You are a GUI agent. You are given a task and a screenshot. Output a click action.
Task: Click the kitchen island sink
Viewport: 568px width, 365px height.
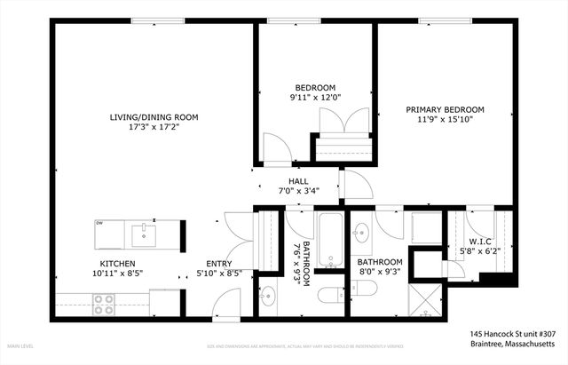click(142, 235)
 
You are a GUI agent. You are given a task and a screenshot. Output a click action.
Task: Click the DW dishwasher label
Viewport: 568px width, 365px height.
click(100, 223)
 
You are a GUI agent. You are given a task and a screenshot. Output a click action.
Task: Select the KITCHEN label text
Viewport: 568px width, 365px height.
click(116, 264)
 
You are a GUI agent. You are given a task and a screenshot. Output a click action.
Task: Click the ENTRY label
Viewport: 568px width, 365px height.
click(219, 264)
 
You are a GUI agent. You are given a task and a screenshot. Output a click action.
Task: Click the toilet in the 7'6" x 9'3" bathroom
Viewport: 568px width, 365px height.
click(327, 296)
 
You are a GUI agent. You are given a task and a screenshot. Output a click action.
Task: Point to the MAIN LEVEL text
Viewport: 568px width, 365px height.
click(21, 344)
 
